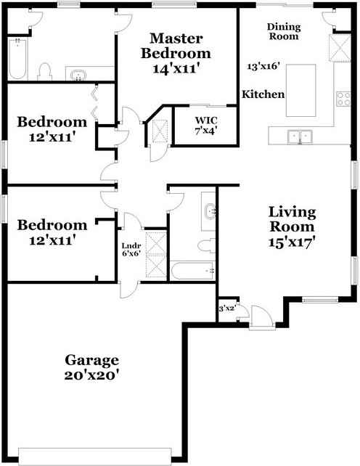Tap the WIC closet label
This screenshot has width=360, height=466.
coord(206,120)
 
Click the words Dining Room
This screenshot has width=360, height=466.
coord(284,31)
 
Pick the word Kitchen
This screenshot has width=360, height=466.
coord(263,94)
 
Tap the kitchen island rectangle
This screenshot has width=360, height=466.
coord(300,90)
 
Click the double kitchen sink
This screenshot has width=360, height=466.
coord(300,136)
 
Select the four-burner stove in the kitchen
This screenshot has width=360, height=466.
coord(343,99)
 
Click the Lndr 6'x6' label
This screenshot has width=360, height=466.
coord(131,250)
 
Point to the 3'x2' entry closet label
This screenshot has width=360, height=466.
coord(227,308)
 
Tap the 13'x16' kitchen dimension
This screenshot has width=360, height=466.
coord(263,66)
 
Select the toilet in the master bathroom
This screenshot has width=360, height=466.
coord(45,72)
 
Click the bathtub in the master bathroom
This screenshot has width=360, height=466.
coord(18,59)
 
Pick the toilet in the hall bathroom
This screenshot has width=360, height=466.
coord(207,245)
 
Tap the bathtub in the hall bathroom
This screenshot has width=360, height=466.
coord(192,271)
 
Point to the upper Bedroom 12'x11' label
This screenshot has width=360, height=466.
coord(52,130)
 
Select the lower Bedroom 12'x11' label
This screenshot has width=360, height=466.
coord(52,233)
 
